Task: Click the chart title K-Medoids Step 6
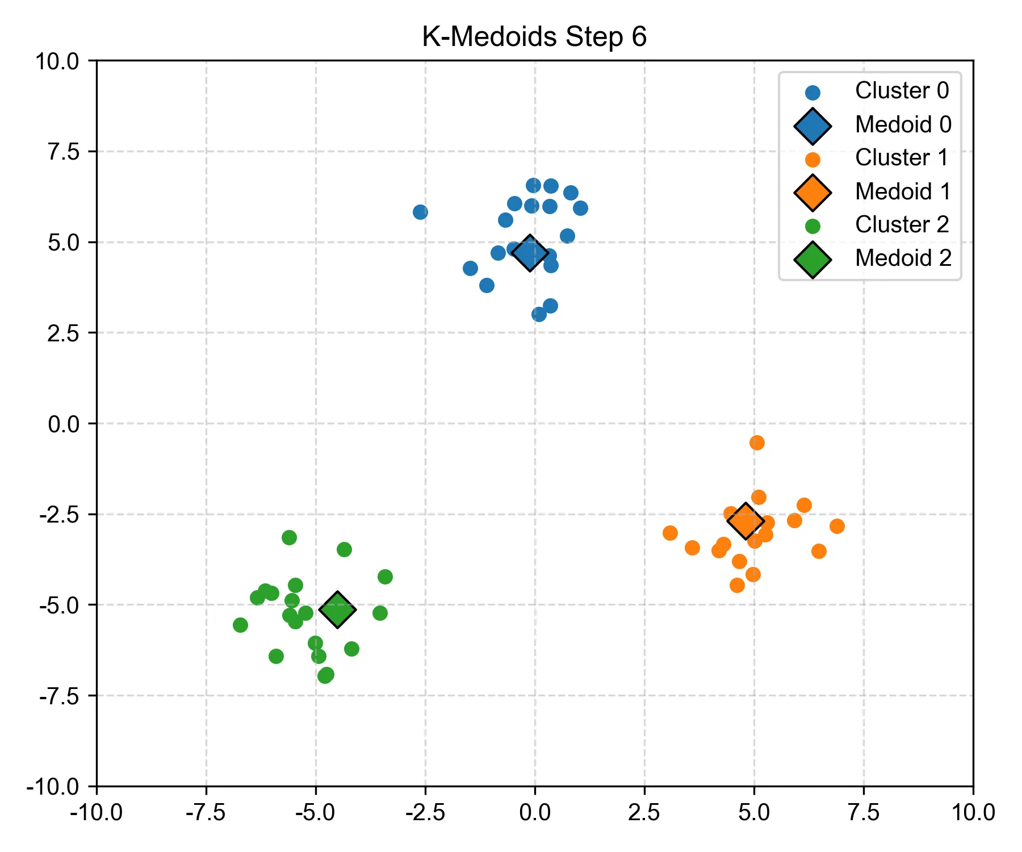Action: [534, 37]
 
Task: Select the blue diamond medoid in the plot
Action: [530, 253]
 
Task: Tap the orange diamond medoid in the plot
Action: [745, 521]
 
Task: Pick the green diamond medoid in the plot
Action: [338, 609]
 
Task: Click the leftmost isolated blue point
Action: [420, 212]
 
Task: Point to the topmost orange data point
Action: [757, 442]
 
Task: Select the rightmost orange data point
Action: [837, 526]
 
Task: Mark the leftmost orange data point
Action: [670, 533]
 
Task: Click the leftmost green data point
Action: [240, 625]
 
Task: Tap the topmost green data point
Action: [289, 537]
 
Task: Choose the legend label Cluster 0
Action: [902, 91]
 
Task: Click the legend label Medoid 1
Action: [903, 192]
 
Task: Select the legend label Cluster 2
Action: [902, 225]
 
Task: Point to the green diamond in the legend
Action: [812, 260]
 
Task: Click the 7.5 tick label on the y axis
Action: [64, 152]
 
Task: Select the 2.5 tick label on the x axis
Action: [644, 813]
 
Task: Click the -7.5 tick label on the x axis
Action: [206, 813]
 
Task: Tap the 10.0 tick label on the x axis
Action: [973, 813]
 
